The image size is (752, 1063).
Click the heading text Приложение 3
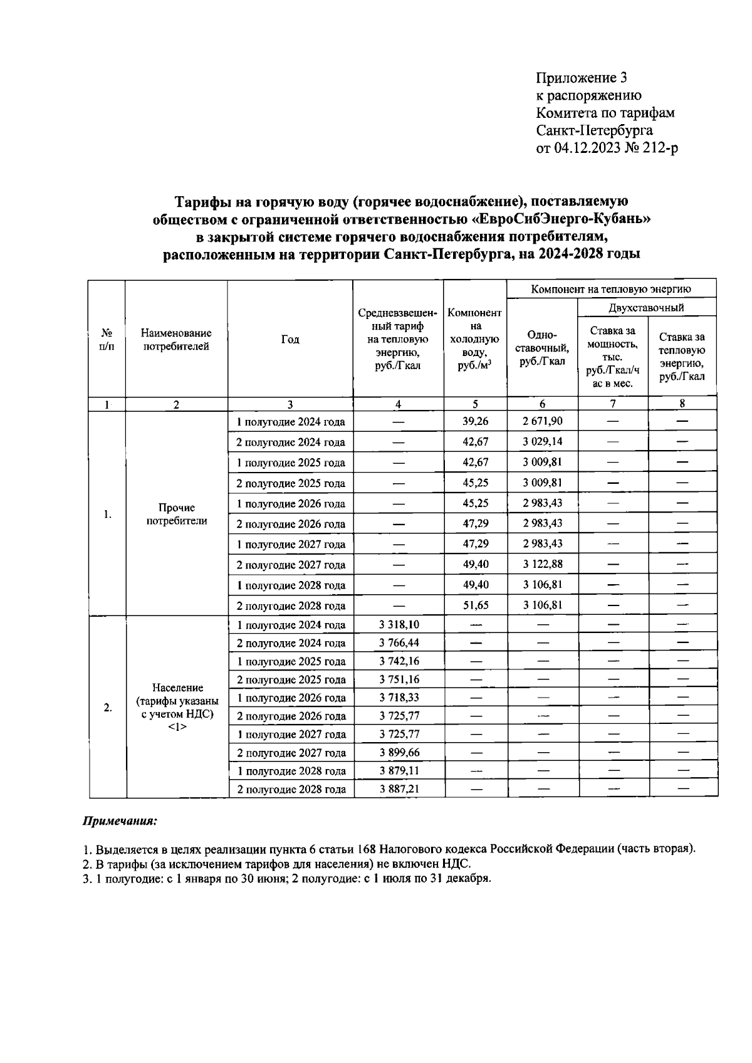point(581,78)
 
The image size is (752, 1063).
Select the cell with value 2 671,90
point(542,421)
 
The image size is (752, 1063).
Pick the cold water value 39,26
point(475,421)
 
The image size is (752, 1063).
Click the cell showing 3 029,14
point(542,441)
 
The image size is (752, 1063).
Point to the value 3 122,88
point(542,564)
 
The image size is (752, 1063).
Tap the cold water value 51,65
point(475,605)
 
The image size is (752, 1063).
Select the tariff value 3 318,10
point(399,625)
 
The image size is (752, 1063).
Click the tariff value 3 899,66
point(399,752)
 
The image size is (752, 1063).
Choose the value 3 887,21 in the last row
point(399,788)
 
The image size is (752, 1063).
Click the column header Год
point(290,339)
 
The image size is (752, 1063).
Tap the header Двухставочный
point(646,307)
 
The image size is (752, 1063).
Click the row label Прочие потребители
point(176,514)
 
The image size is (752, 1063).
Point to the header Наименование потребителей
point(176,339)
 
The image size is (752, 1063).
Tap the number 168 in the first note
point(366,849)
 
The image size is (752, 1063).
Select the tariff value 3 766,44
point(399,643)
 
